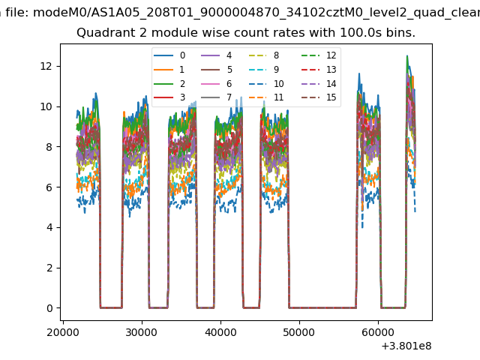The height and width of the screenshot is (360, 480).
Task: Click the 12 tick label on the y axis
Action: coord(46,66)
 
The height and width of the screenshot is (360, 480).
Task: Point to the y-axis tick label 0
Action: coord(48,308)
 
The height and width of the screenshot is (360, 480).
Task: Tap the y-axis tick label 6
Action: coord(48,187)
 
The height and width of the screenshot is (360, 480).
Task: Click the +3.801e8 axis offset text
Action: coord(406,346)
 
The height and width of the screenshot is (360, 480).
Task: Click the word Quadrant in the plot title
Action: coord(101,33)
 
